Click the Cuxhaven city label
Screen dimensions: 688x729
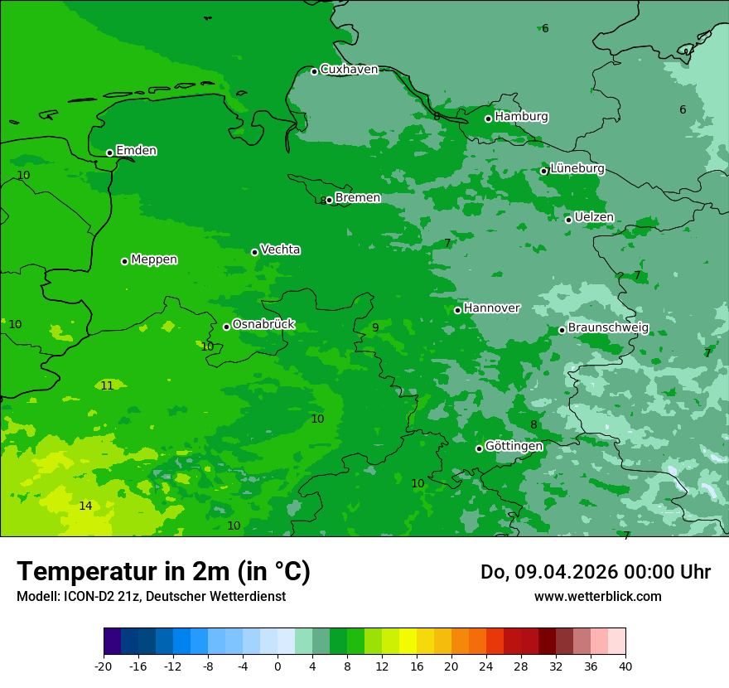(349, 70)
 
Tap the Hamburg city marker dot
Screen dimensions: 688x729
(489, 119)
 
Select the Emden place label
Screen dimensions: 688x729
(136, 151)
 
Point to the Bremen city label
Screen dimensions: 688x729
(358, 198)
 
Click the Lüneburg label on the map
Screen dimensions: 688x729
(577, 169)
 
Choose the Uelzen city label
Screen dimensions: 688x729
(594, 218)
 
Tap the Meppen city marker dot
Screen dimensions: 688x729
(125, 261)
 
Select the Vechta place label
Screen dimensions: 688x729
(280, 250)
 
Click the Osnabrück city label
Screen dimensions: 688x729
(263, 325)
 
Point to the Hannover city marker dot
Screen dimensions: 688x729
(458, 310)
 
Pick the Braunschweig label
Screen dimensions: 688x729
(608, 328)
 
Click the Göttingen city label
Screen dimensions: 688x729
(514, 447)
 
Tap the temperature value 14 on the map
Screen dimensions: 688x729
(85, 506)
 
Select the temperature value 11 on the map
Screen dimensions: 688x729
(107, 386)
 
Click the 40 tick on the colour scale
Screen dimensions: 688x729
(625, 666)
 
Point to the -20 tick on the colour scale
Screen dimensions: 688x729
(104, 666)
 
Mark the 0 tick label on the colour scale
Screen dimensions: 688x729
(278, 666)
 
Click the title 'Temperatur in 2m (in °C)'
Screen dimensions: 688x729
(163, 572)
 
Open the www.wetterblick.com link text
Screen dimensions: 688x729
(597, 597)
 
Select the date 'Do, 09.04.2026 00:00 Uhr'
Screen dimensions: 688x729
(595, 572)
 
